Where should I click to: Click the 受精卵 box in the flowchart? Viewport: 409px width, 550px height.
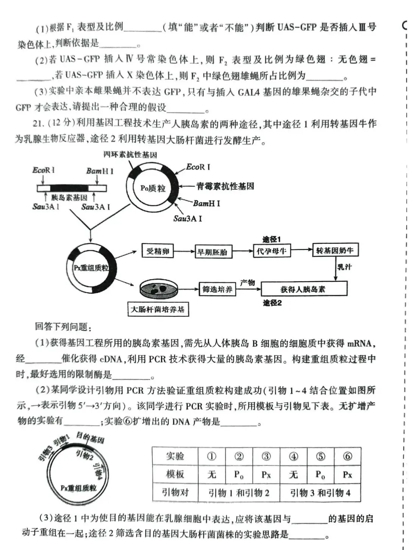click(x=158, y=251)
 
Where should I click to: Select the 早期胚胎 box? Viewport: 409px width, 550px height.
click(x=212, y=252)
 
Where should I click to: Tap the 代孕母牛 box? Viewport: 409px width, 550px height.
click(x=272, y=251)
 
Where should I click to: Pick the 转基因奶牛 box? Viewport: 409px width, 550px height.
click(x=335, y=250)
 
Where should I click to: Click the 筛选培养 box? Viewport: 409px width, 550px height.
click(x=217, y=289)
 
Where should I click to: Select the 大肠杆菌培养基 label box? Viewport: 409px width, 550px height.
click(x=158, y=310)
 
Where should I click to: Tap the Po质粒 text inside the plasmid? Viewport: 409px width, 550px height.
click(x=153, y=188)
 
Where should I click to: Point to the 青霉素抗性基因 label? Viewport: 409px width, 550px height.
click(x=225, y=186)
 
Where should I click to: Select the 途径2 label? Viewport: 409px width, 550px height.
click(x=272, y=303)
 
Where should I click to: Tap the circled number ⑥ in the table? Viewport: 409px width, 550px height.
click(x=347, y=456)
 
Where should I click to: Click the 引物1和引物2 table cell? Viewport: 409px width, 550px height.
click(x=239, y=493)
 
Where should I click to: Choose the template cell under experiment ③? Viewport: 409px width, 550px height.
click(x=266, y=475)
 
